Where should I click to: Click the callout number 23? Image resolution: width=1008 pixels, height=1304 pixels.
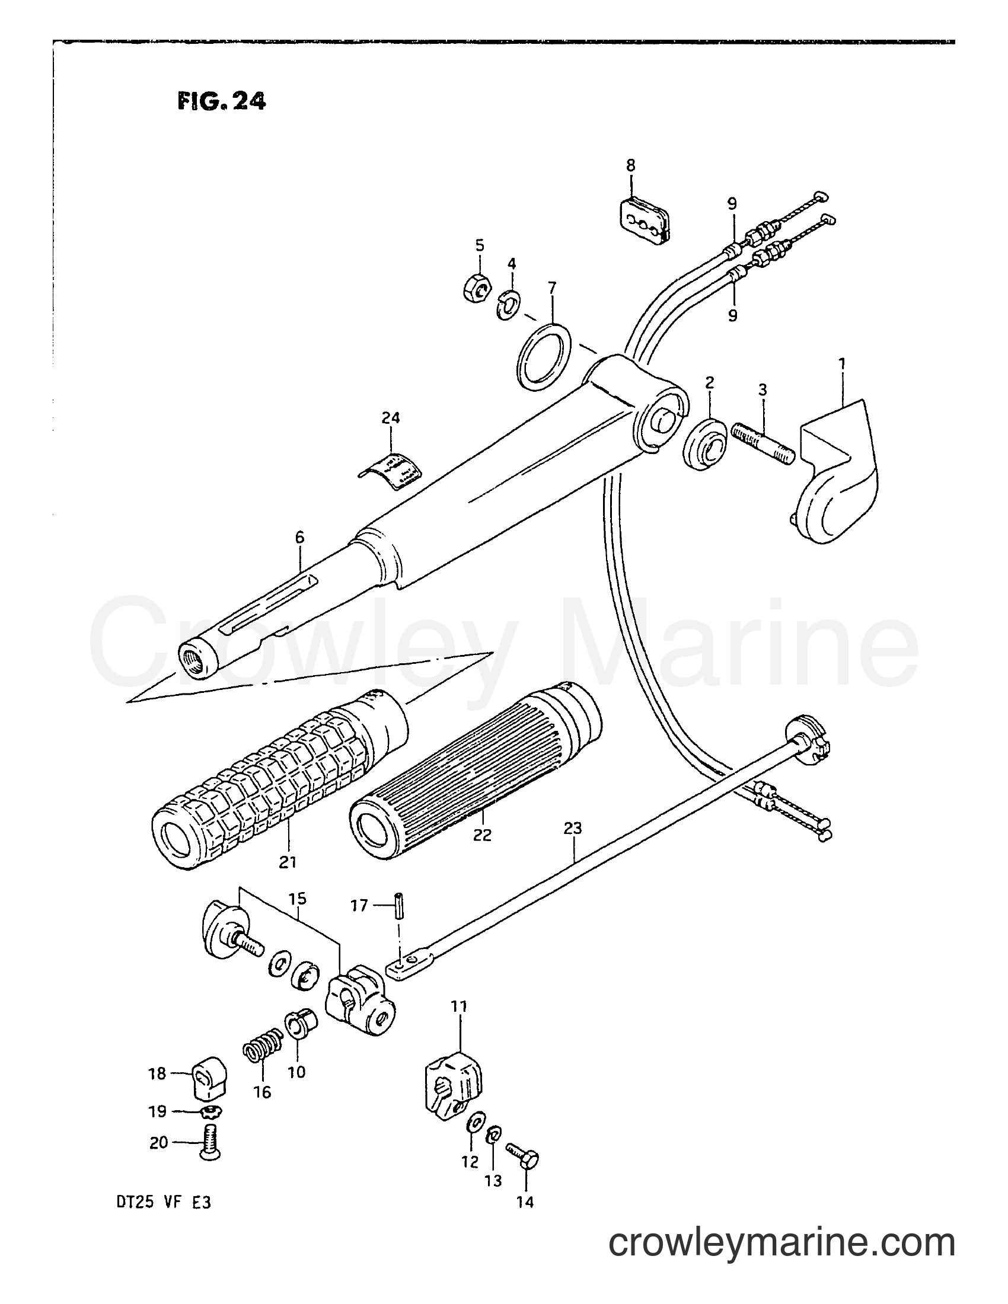tap(572, 829)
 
